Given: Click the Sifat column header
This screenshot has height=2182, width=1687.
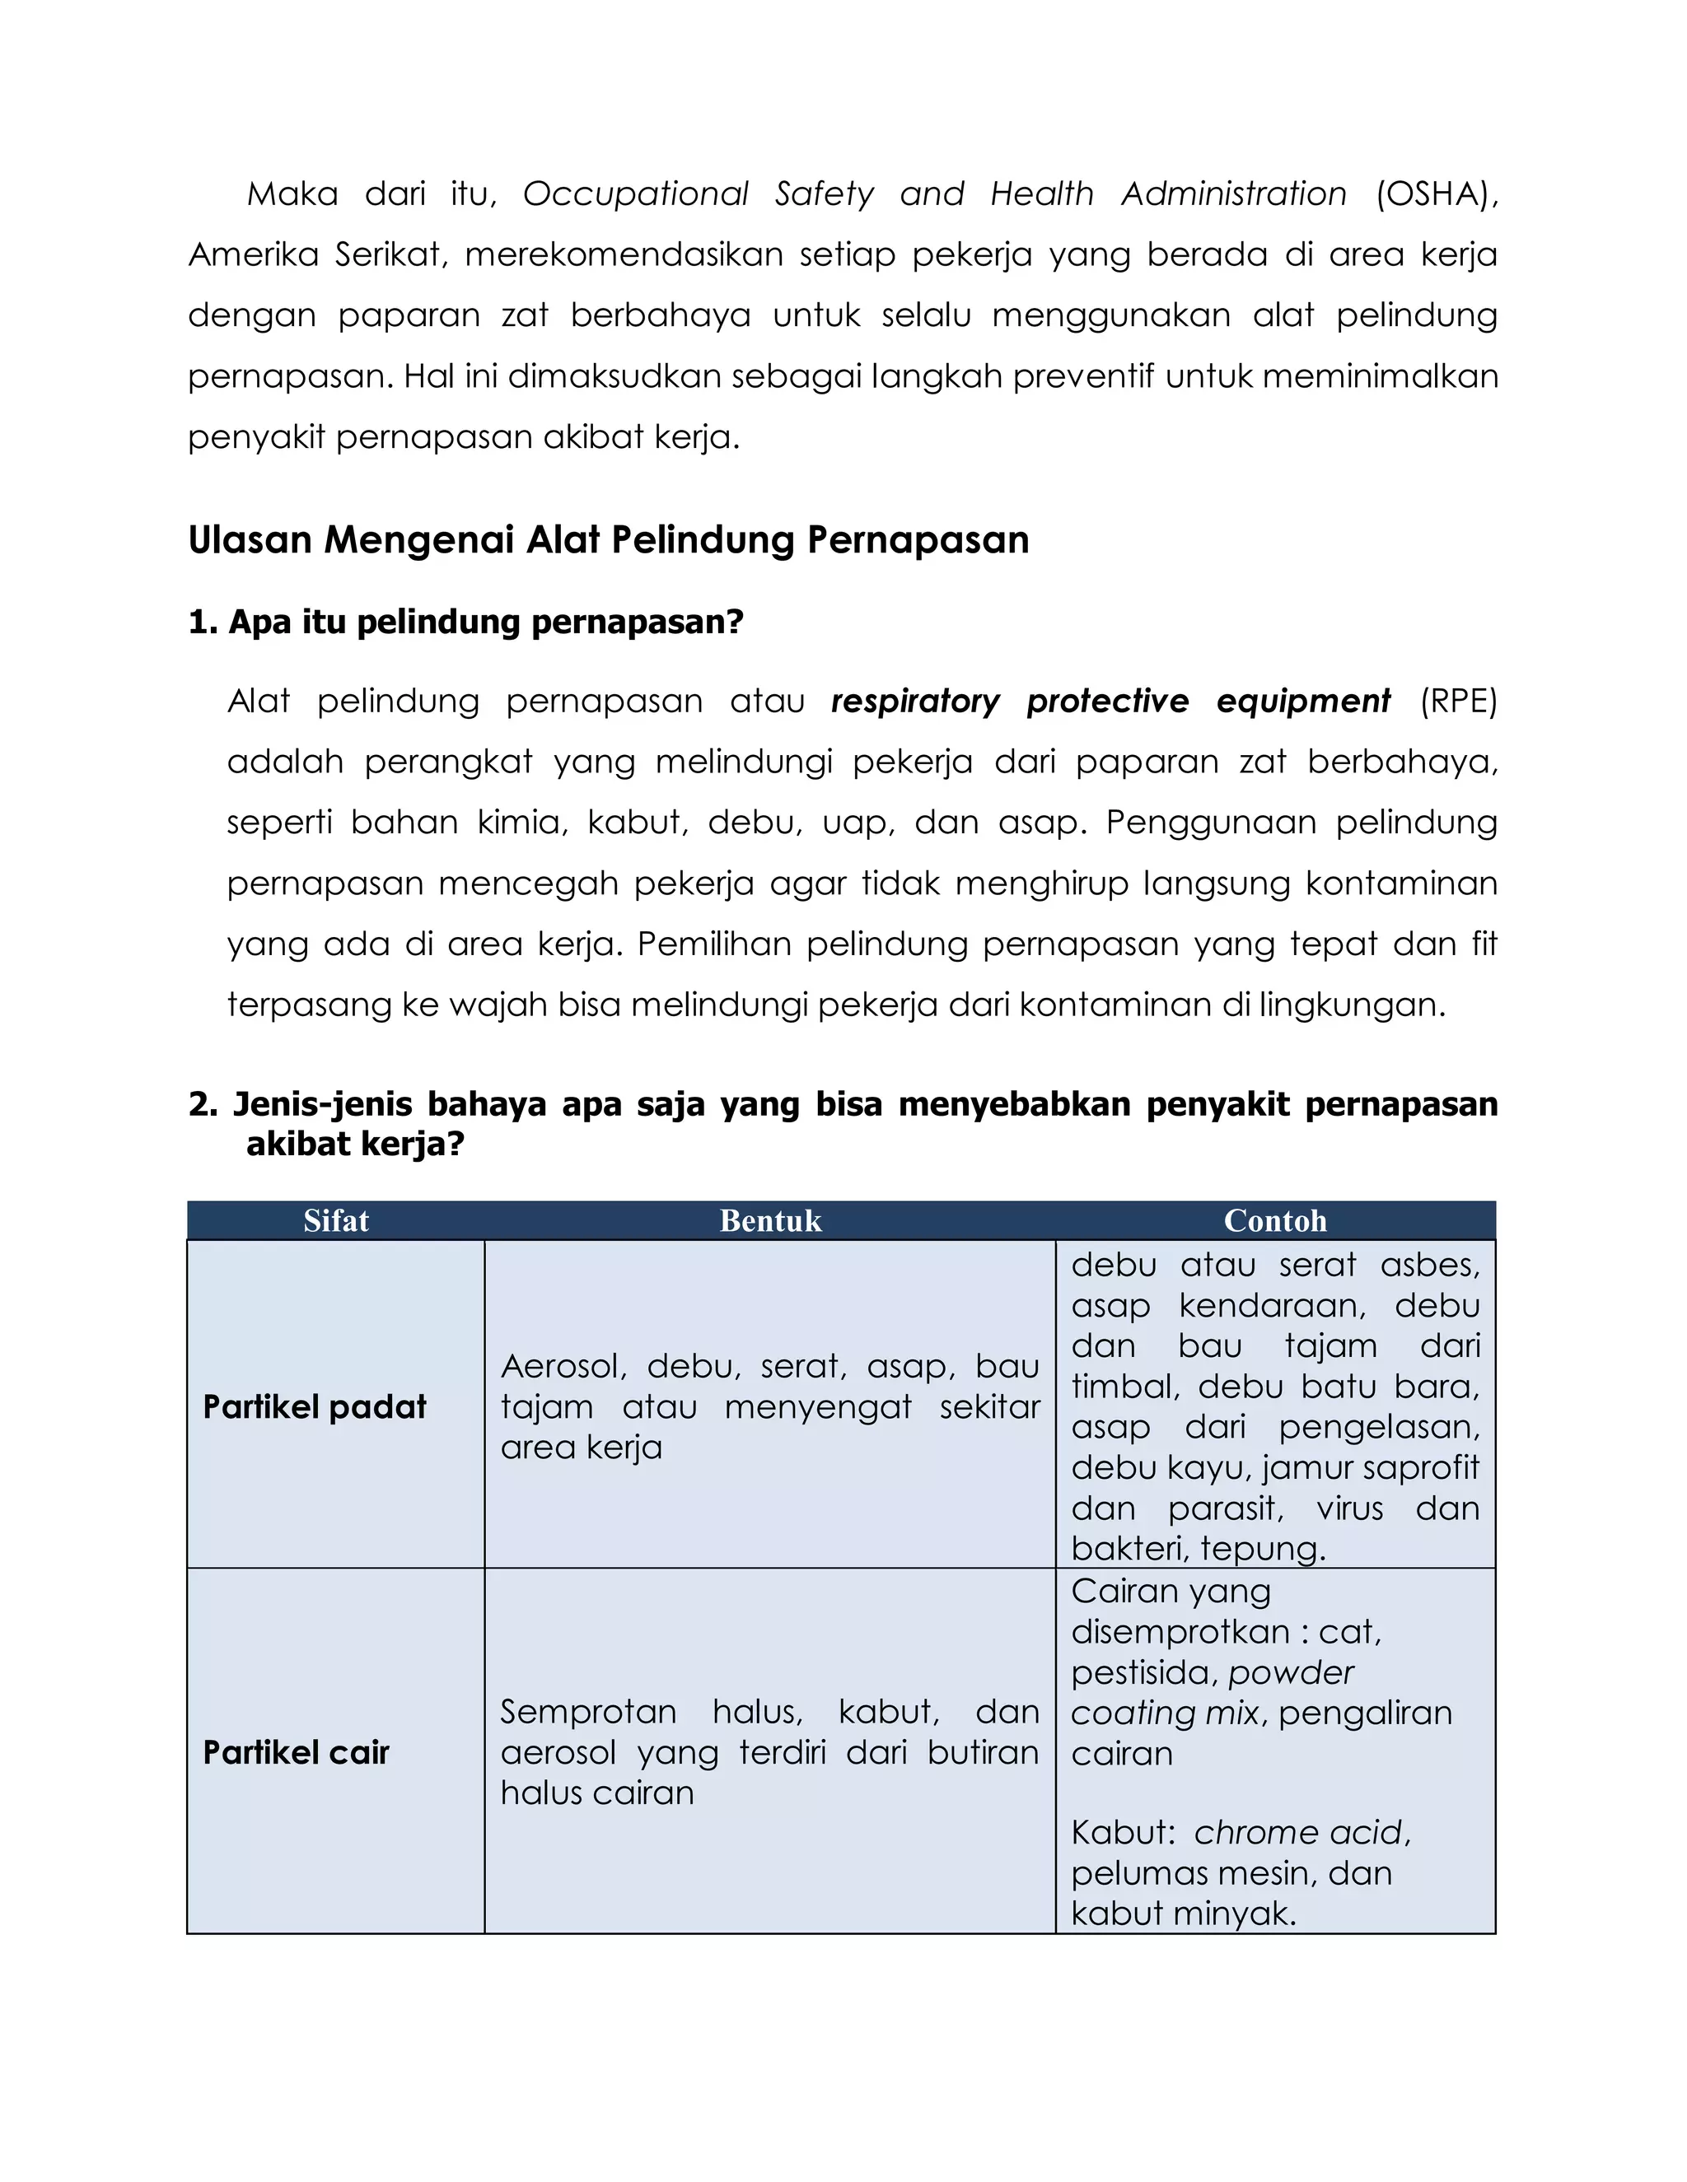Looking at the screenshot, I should [x=336, y=1221].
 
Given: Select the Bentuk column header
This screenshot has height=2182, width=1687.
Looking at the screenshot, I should [x=769, y=1221].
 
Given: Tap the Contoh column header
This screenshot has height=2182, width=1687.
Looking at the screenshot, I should [x=1275, y=1221].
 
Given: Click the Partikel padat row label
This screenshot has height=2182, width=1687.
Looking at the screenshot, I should [x=314, y=1406].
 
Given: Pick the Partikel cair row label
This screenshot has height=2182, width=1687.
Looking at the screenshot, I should [x=296, y=1752].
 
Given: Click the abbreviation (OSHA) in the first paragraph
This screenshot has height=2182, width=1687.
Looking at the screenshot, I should [x=1435, y=193].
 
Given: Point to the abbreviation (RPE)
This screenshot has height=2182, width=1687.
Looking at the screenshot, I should [x=1458, y=702].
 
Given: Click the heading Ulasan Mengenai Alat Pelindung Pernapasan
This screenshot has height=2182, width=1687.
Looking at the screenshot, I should [x=608, y=539].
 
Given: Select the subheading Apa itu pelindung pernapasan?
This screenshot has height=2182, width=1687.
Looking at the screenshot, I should [x=486, y=622].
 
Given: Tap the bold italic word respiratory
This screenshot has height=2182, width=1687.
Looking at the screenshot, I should [x=914, y=702].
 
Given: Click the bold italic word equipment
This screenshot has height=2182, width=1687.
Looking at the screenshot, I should [x=1302, y=702].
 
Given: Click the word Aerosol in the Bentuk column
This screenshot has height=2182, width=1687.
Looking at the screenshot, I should [x=563, y=1366].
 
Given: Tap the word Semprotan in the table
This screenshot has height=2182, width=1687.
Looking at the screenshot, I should [x=587, y=1712].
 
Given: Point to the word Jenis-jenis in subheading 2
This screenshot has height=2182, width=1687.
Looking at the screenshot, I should [x=322, y=1104].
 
